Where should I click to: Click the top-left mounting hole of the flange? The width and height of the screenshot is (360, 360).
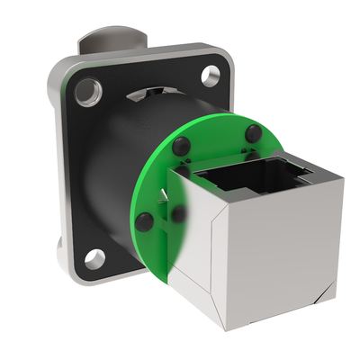pos(89,91)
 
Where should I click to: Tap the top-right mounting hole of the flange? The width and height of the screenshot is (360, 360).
pos(211,76)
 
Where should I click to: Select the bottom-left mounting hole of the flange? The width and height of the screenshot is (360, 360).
pos(95,259)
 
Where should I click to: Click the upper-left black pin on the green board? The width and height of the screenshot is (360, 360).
pos(181,146)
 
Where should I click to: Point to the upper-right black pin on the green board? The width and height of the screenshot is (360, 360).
pos(254,133)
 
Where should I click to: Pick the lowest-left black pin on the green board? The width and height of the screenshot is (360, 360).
pos(144,220)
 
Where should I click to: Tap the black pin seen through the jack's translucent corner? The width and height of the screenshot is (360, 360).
pos(180,214)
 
